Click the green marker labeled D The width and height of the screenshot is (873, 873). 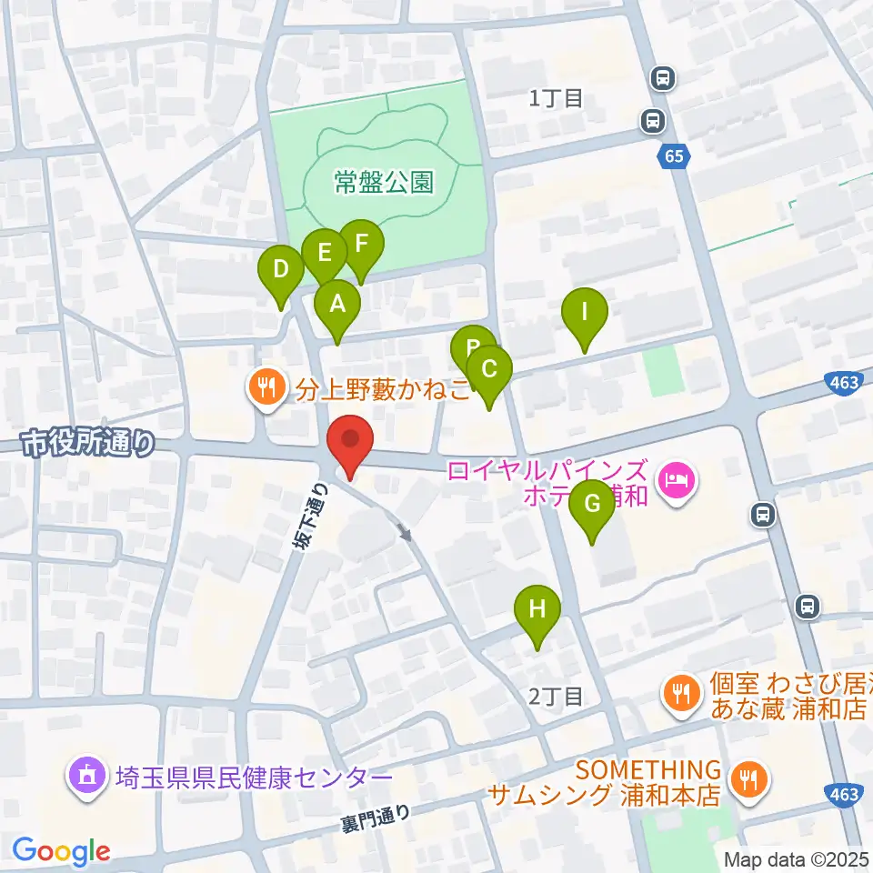[281, 271]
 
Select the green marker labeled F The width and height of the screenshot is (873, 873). [361, 245]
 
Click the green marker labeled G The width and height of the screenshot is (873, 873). [592, 505]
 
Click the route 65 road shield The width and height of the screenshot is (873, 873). [673, 156]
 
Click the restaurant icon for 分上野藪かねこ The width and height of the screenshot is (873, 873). [266, 389]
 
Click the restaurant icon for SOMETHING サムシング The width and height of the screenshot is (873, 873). [751, 778]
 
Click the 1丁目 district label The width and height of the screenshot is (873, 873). [556, 98]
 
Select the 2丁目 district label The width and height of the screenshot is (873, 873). [556, 697]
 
